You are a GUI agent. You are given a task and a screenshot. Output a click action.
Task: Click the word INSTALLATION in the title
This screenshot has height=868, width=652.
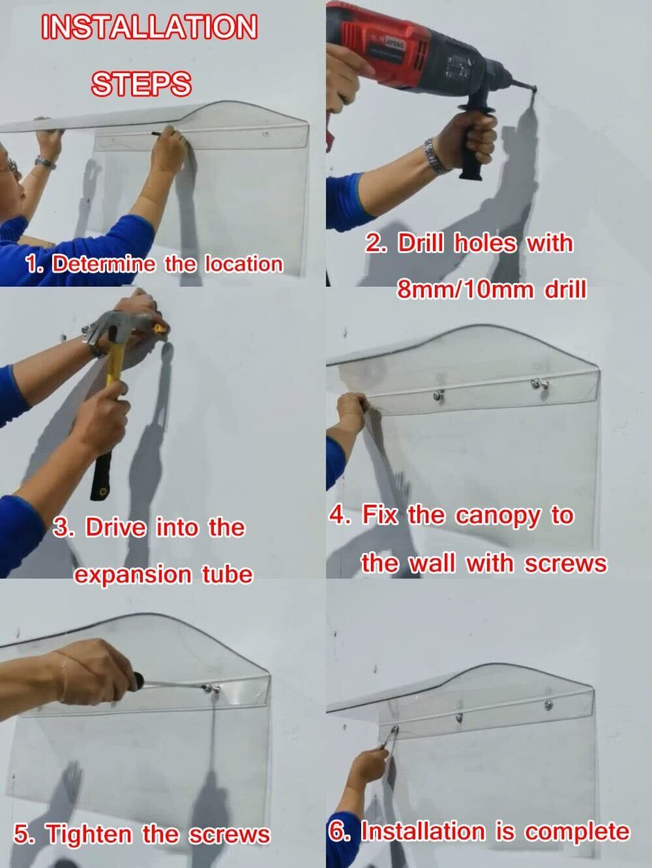click(x=149, y=27)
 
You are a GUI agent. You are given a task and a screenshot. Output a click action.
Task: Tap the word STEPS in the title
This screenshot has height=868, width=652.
click(x=141, y=83)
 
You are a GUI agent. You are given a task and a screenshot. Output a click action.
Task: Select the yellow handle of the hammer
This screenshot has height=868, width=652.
click(x=115, y=372)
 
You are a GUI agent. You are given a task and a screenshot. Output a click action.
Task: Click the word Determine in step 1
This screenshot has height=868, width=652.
click(x=104, y=263)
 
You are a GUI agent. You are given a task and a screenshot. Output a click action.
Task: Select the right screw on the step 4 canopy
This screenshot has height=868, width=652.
click(x=536, y=383)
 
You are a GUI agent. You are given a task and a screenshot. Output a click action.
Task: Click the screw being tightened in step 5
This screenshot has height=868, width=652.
click(x=207, y=689)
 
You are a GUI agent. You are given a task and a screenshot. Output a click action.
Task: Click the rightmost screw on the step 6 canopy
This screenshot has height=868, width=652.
click(x=548, y=704)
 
